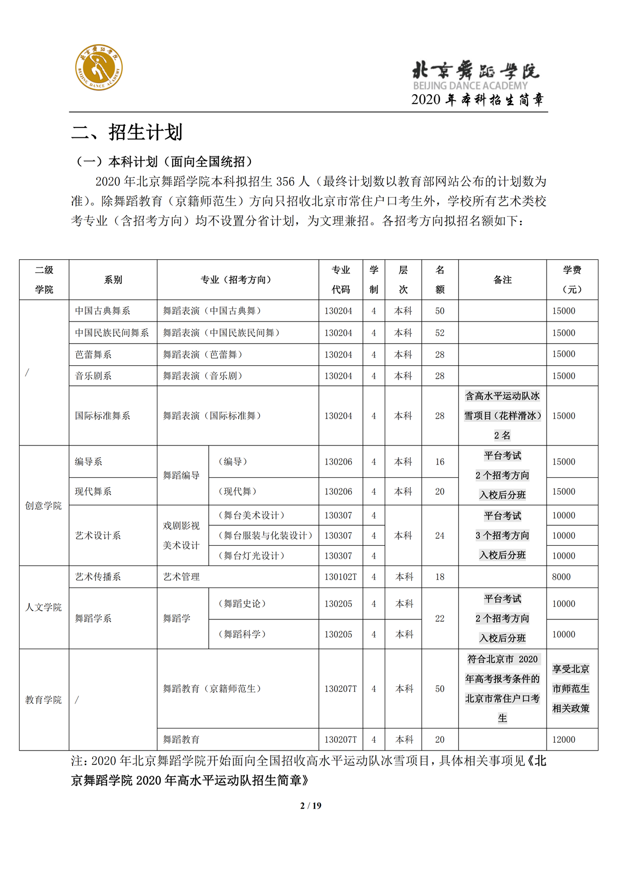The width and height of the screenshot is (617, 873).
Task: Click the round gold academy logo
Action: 99,67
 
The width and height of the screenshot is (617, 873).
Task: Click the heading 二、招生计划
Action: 127,132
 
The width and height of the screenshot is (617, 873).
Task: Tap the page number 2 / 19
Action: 311,806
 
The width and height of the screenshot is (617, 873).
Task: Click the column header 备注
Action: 502,280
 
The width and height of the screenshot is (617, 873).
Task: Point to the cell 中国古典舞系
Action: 102,311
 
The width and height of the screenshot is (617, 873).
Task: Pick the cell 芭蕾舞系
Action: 93,354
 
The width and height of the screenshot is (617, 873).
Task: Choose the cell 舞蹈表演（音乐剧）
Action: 203,376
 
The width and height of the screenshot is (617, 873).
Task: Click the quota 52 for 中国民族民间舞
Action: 440,333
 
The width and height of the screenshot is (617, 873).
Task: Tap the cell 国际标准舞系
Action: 102,416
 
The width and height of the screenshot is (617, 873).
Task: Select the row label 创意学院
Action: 43,506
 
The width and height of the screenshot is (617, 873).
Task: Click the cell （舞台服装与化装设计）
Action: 266,536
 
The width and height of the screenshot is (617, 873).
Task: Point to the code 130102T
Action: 340,577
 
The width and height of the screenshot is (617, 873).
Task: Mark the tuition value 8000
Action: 561,577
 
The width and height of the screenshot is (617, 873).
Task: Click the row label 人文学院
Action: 43,608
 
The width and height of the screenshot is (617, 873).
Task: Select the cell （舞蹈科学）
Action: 242,634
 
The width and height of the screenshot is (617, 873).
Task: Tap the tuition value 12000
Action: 564,739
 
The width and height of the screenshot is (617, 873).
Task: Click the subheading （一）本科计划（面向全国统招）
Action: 165,162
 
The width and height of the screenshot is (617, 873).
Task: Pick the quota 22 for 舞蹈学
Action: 440,618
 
